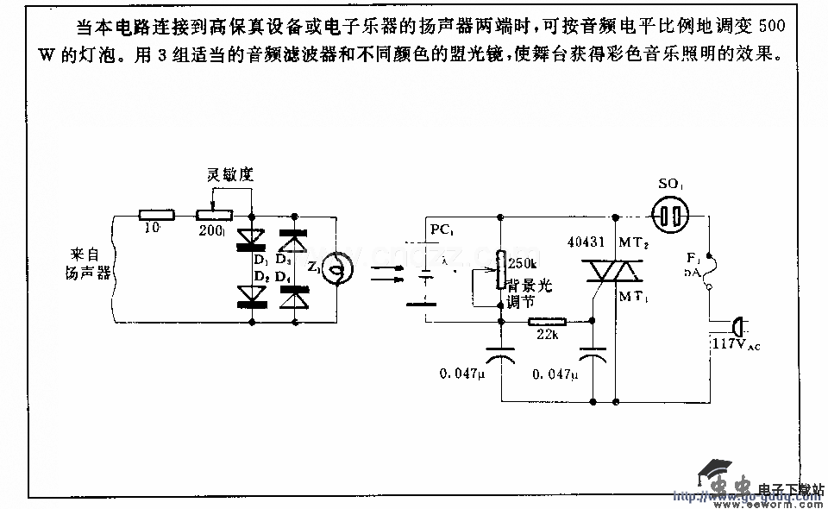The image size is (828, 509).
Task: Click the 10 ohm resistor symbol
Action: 158,214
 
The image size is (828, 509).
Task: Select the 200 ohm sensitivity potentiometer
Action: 216,214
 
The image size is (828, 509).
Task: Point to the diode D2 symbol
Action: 251,295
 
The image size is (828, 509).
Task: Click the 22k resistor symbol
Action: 547,322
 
